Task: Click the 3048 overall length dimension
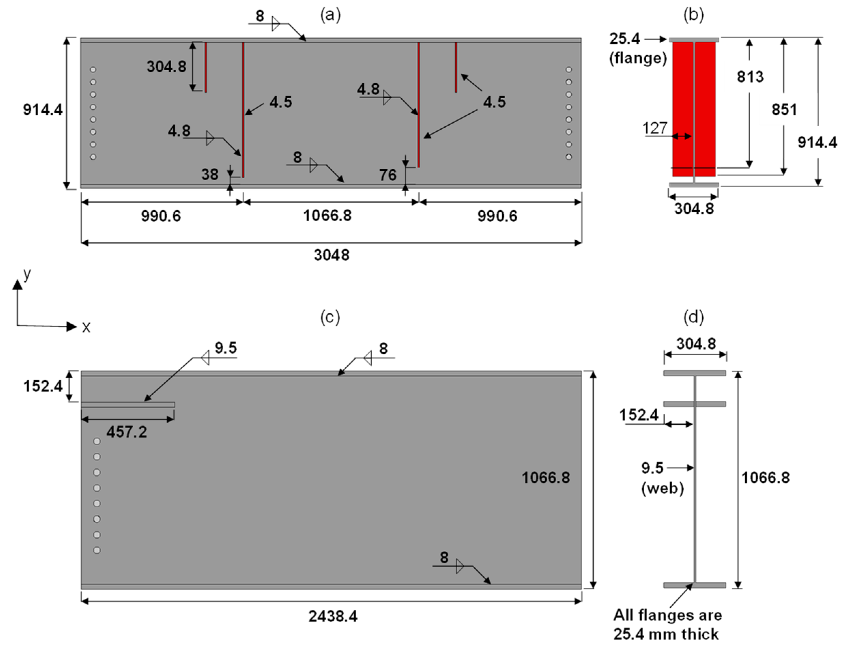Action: click(x=331, y=255)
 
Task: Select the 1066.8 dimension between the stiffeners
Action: click(x=327, y=215)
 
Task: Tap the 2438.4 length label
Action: click(x=333, y=616)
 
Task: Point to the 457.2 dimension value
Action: click(x=127, y=432)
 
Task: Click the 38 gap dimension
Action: click(x=210, y=174)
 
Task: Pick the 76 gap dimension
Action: click(x=388, y=175)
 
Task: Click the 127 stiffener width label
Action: click(x=655, y=128)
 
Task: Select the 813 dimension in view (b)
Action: click(x=750, y=76)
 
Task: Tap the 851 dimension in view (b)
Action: click(x=784, y=110)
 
